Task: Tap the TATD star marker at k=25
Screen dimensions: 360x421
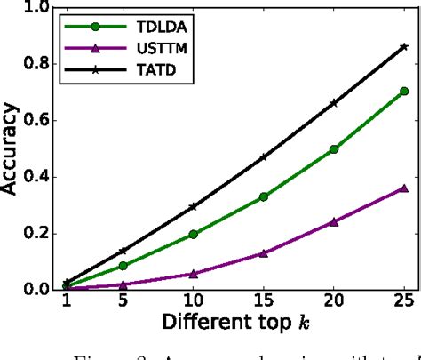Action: coord(404,46)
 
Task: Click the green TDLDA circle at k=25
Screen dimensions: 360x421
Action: coord(404,91)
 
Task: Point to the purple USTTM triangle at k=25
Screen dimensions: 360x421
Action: coord(404,188)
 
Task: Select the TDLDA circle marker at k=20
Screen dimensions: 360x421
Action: coord(333,149)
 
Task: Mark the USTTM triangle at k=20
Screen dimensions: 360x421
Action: coord(333,221)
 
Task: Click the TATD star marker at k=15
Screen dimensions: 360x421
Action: coord(264,157)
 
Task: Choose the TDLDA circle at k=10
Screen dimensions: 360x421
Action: coord(193,234)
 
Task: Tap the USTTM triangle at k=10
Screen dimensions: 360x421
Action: coord(193,273)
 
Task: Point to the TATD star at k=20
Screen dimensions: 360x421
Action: coord(333,103)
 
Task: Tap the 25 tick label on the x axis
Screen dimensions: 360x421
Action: coord(404,303)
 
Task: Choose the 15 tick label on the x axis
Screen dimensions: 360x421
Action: coord(264,303)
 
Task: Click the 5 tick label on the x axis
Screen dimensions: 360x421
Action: coord(123,303)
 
